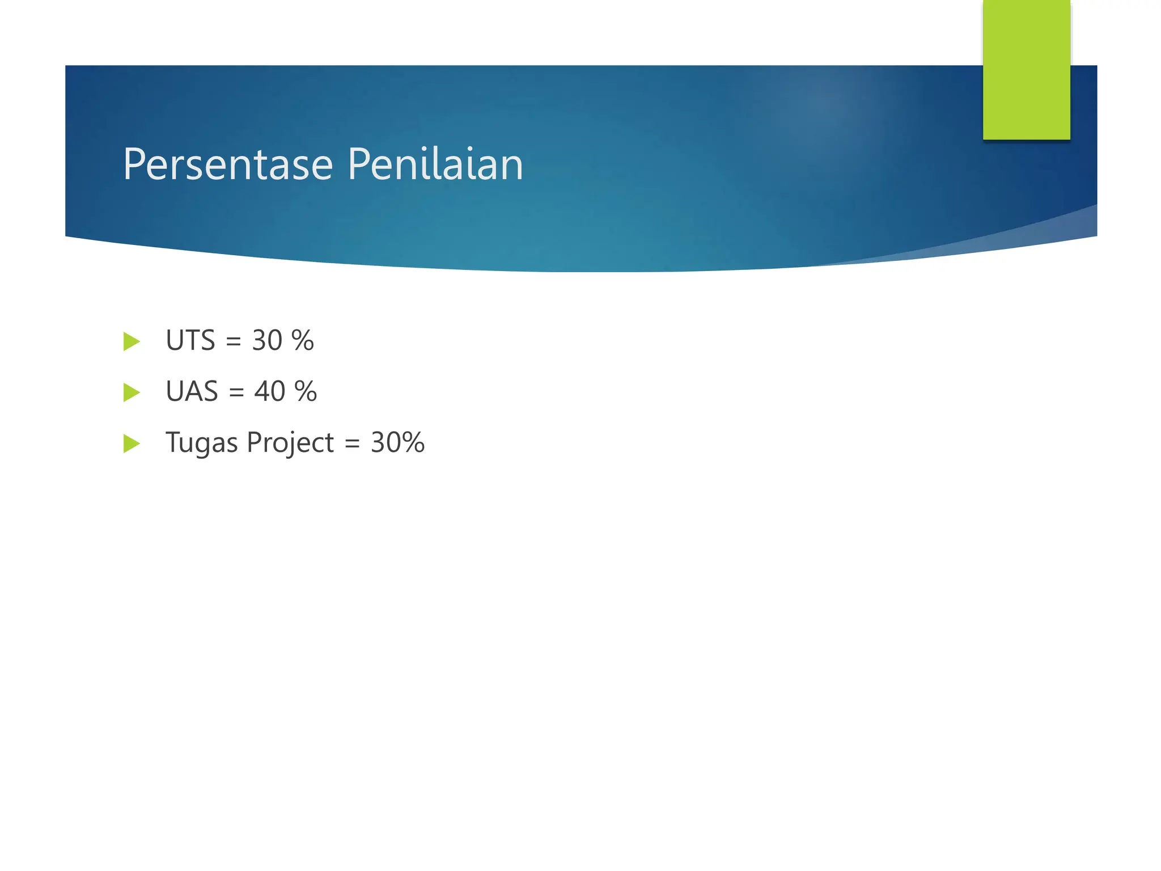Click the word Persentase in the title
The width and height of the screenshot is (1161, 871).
pyautogui.click(x=228, y=164)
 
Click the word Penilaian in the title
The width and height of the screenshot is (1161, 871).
pyautogui.click(x=435, y=164)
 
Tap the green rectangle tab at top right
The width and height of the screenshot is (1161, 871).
pyautogui.click(x=1026, y=69)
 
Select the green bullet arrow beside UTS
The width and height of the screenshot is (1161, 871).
pyautogui.click(x=132, y=341)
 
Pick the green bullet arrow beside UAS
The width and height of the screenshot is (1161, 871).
pyautogui.click(x=132, y=392)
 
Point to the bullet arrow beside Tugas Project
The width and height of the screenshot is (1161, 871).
pyautogui.click(x=132, y=443)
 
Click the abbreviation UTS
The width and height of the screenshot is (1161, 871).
pyautogui.click(x=190, y=341)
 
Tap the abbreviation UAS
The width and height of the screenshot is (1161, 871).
pyautogui.click(x=192, y=392)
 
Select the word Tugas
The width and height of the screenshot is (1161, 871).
pyautogui.click(x=201, y=443)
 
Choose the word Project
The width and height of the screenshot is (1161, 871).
pyautogui.click(x=290, y=443)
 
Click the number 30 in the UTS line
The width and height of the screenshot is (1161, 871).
pyautogui.click(x=267, y=341)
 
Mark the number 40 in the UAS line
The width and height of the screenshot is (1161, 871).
pyautogui.click(x=269, y=392)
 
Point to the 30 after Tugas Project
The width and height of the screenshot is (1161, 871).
pyautogui.click(x=385, y=443)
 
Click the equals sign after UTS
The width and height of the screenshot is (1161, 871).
pyautogui.click(x=234, y=342)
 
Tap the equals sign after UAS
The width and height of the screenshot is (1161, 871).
pyautogui.click(x=236, y=393)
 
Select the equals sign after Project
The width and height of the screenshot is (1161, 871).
pyautogui.click(x=352, y=444)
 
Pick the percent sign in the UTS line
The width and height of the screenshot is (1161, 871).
pyautogui.click(x=302, y=341)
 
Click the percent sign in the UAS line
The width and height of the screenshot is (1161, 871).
pyautogui.click(x=306, y=392)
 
